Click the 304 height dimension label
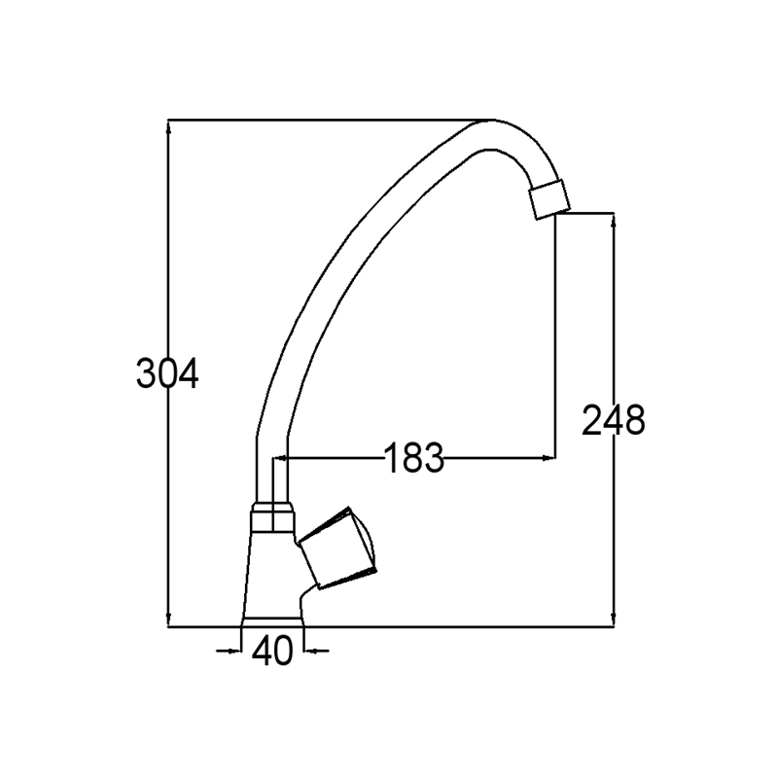click(x=167, y=373)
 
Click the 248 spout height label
click(x=614, y=420)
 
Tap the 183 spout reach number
click(x=414, y=457)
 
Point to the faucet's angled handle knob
click(x=337, y=548)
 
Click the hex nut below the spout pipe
click(x=272, y=517)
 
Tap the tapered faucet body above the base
click(x=272, y=576)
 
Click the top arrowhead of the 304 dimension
click(x=168, y=127)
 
